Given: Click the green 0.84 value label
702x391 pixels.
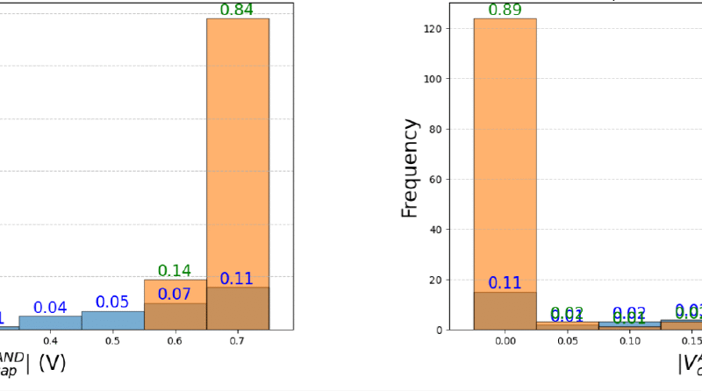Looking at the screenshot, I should click(x=237, y=10).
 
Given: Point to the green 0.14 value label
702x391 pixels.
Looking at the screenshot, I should click(x=174, y=271).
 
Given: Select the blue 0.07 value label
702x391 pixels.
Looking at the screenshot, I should click(x=174, y=294).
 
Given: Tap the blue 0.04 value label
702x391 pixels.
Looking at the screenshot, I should click(x=50, y=308).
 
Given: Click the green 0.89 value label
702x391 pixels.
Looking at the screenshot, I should click(x=505, y=11).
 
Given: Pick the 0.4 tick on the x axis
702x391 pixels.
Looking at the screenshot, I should click(x=50, y=340).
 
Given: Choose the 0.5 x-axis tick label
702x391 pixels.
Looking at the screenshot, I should click(x=112, y=340).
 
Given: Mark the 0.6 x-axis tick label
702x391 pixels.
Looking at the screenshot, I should click(x=175, y=340).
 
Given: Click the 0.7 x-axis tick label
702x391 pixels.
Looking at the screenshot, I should click(x=237, y=340).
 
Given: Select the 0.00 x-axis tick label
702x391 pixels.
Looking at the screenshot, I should click(x=505, y=340).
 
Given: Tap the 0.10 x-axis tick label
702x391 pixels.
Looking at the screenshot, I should click(x=629, y=340).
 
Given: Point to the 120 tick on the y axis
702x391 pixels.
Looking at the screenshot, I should click(x=455, y=29).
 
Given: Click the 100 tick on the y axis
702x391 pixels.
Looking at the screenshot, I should click(x=455, y=79).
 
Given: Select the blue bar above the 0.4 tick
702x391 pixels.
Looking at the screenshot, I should click(x=50, y=323).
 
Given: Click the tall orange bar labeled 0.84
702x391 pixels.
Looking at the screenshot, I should click(x=237, y=149).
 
